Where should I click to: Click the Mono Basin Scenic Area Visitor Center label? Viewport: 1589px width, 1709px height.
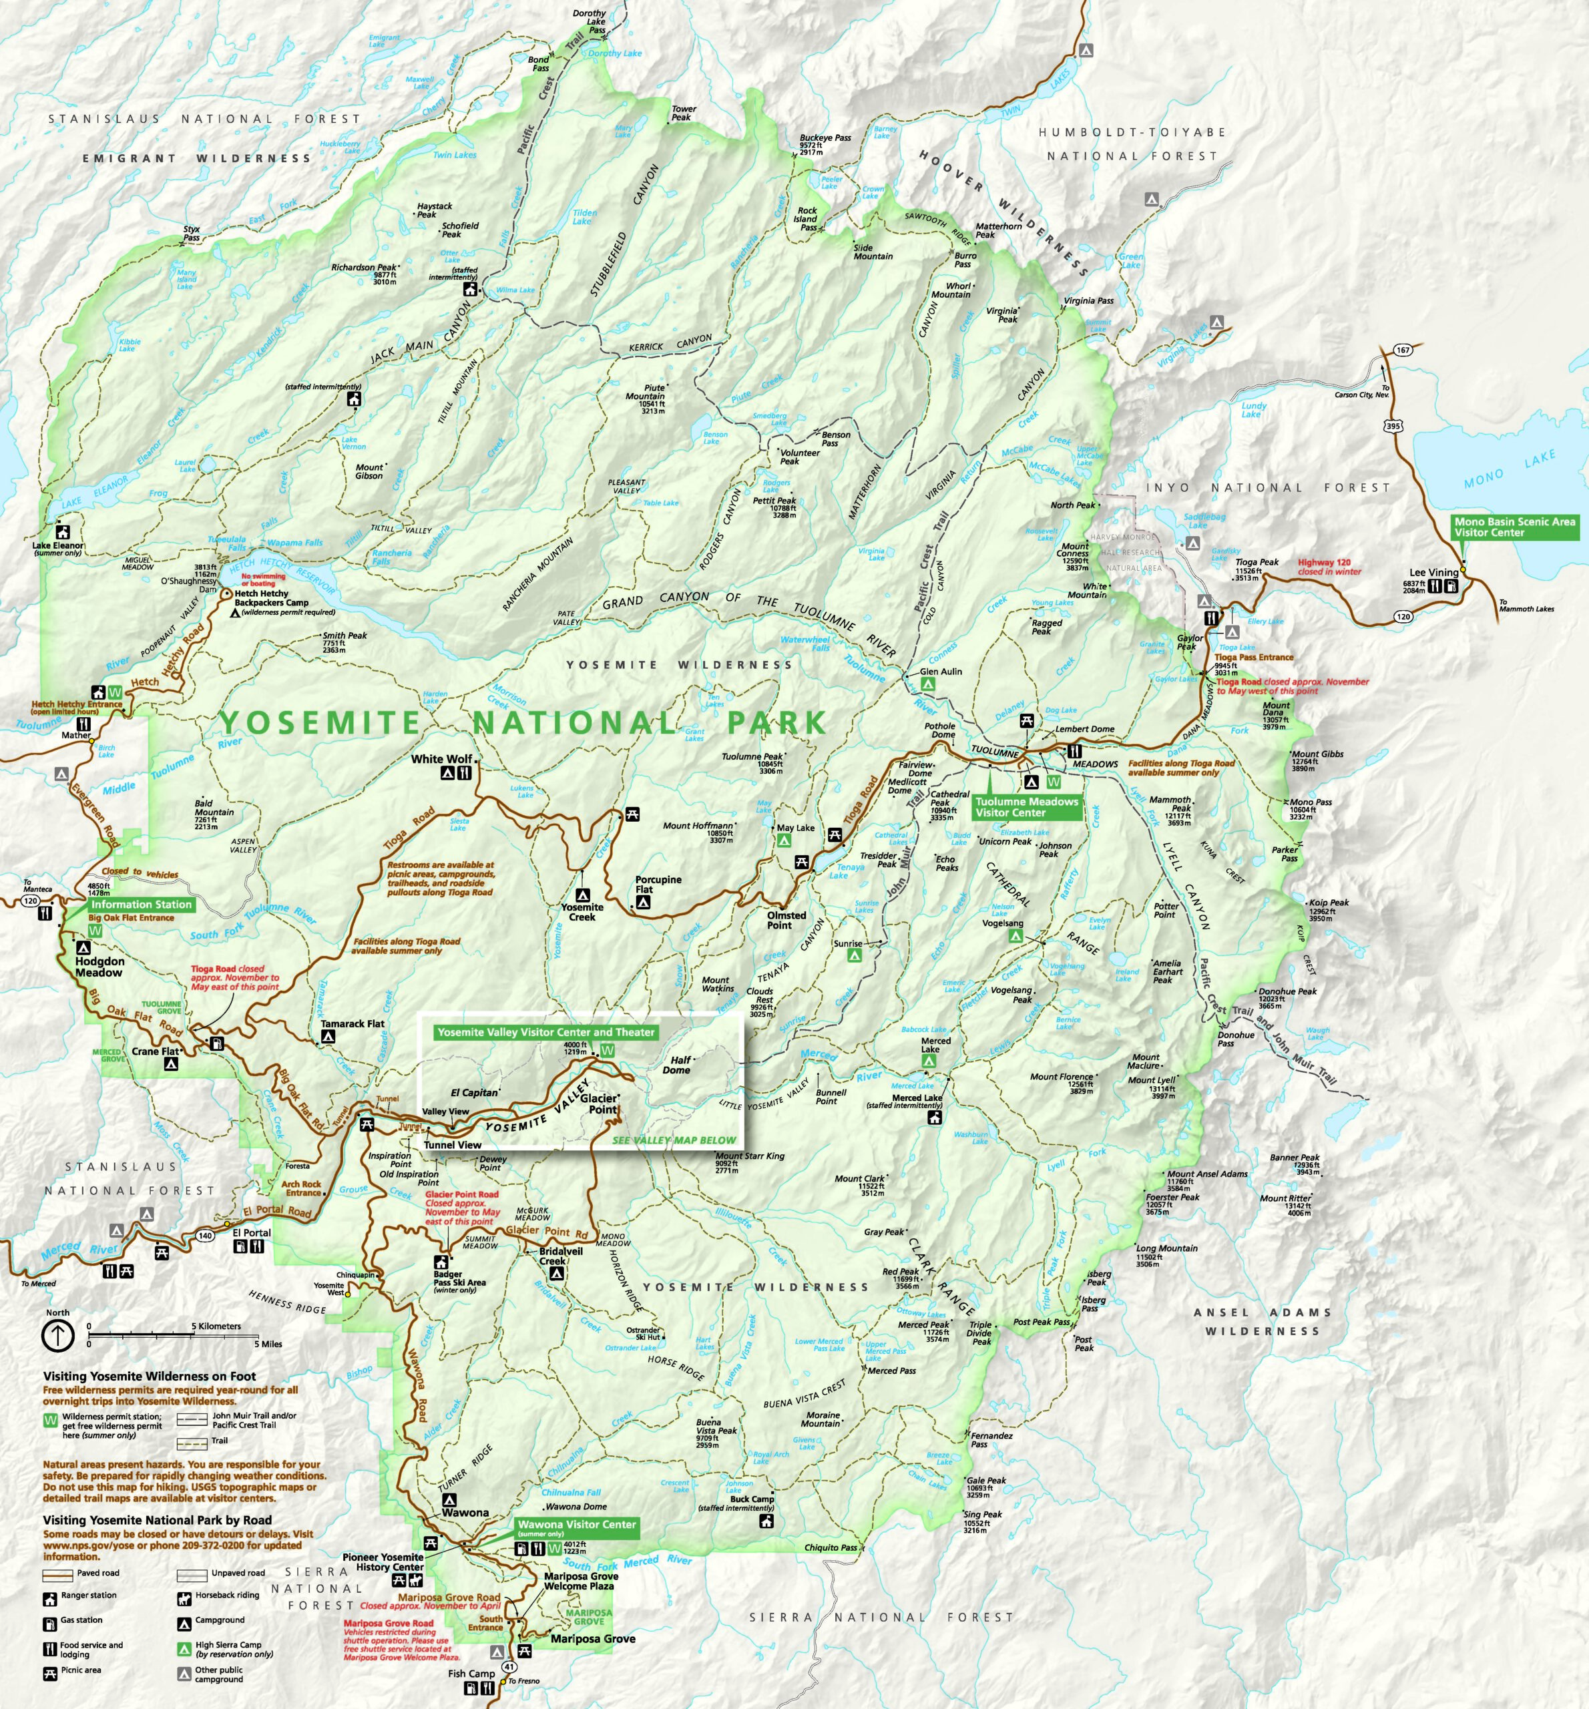click(1514, 527)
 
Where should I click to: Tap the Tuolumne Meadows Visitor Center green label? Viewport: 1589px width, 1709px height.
click(1026, 806)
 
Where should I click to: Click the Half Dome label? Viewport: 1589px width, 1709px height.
click(678, 1065)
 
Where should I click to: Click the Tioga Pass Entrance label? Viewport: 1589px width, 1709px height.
click(1254, 657)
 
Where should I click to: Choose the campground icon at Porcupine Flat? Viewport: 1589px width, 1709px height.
click(643, 903)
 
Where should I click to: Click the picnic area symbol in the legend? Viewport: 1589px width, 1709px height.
click(49, 1670)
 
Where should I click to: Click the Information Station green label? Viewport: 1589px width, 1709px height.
click(141, 905)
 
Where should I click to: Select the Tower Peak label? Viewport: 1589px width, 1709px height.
click(684, 113)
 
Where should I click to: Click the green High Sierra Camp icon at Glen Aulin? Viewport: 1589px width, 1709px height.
click(928, 684)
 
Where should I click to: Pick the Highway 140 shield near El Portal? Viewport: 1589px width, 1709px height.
click(205, 1235)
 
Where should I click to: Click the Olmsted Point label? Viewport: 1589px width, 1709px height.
click(786, 920)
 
